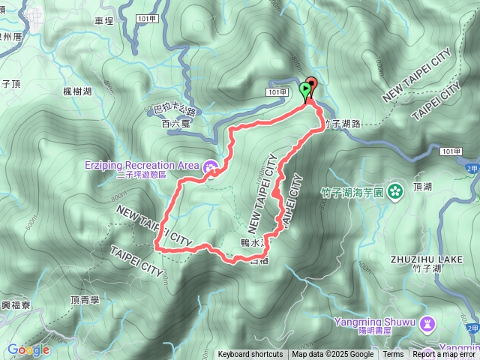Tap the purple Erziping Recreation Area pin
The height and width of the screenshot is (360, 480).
click(x=211, y=166)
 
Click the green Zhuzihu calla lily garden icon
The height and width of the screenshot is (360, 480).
click(x=396, y=192)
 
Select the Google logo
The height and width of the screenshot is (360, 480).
click(x=28, y=349)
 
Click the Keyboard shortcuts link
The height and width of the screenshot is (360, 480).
click(x=250, y=355)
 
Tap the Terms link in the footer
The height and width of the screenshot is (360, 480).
click(x=393, y=355)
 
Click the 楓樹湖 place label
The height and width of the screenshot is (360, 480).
click(x=77, y=91)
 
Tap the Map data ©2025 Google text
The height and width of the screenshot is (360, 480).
click(x=333, y=355)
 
